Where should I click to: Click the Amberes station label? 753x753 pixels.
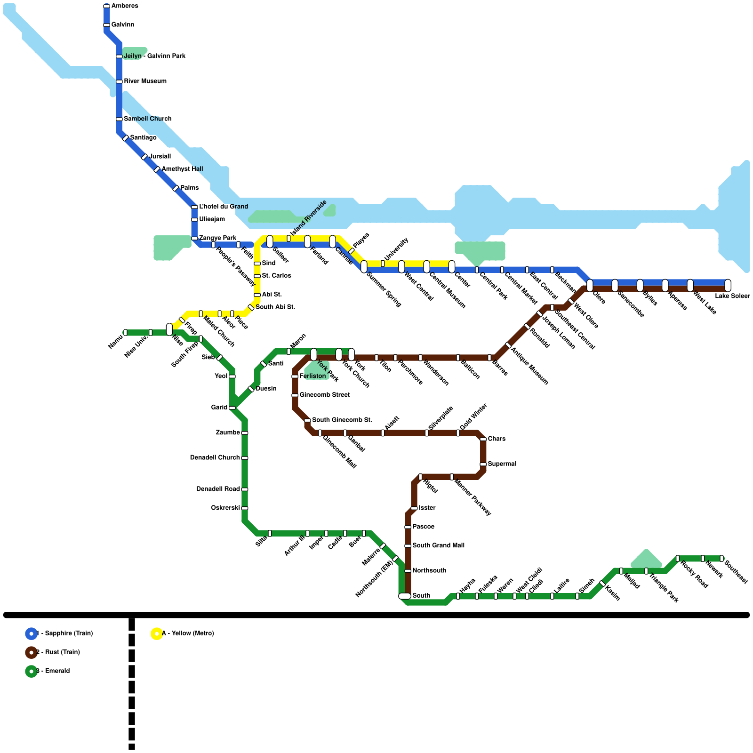tap(125, 6)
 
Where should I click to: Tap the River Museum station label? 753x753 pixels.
tap(145, 81)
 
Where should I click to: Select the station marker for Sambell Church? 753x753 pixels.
tap(119, 119)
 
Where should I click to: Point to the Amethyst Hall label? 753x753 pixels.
tap(182, 169)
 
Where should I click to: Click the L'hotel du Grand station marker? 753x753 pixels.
tap(194, 207)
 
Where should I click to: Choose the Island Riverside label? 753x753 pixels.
tap(309, 217)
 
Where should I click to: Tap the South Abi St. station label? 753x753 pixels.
tap(275, 307)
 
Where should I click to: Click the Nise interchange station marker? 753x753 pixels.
tap(169, 329)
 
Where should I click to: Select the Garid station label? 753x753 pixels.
tap(219, 408)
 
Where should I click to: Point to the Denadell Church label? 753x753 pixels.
tap(215, 458)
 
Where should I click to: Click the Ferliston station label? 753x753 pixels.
tap(312, 376)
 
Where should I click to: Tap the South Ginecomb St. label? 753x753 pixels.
tap(342, 420)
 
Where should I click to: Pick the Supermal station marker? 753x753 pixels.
tap(483, 464)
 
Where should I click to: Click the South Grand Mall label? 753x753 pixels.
tap(438, 545)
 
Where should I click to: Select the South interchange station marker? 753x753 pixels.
tap(405, 596)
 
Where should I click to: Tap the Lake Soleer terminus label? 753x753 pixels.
tap(732, 296)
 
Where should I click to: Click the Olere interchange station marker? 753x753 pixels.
tap(590, 285)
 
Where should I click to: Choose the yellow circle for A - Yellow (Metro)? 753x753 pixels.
tap(157, 633)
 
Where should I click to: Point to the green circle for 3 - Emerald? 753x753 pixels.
tap(31, 671)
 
